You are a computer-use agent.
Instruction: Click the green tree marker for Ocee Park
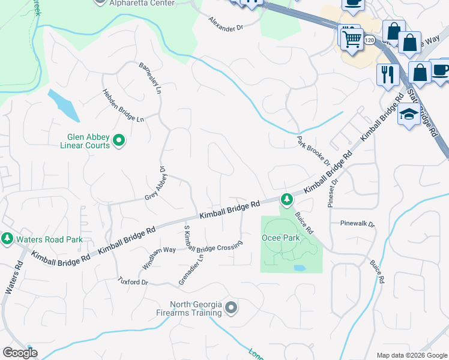tap(288, 198)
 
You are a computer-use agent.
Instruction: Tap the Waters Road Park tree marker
tap(7, 239)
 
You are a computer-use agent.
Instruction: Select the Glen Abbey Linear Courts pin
tap(119, 141)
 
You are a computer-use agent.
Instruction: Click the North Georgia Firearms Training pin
tap(232, 308)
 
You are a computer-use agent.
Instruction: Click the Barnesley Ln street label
tap(150, 79)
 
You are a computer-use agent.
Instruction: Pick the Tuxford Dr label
tap(133, 280)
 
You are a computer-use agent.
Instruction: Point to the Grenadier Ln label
tap(191, 271)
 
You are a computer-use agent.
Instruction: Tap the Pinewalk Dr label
tap(357, 224)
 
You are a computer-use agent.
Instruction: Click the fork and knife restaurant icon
tap(387, 74)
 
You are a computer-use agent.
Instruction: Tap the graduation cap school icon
tap(409, 115)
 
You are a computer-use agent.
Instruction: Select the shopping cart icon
tap(351, 40)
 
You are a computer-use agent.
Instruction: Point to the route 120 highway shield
tap(369, 40)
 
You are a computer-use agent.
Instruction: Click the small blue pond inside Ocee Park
tap(300, 268)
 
